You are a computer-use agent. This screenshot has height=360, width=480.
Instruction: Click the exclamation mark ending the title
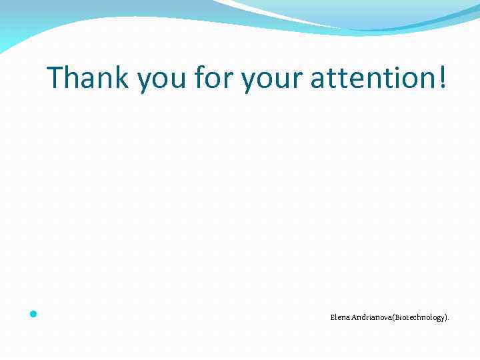tap(443, 78)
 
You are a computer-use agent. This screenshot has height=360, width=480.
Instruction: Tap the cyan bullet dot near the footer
tap(33, 313)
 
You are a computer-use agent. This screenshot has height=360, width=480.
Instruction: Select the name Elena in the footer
tap(337, 317)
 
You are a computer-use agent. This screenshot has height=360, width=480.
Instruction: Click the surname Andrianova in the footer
tap(369, 317)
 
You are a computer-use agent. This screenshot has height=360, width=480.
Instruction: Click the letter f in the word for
tap(199, 78)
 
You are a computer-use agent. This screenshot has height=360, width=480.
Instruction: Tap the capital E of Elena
tap(332, 317)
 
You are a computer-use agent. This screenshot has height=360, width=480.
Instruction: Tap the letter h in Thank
tap(74, 78)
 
